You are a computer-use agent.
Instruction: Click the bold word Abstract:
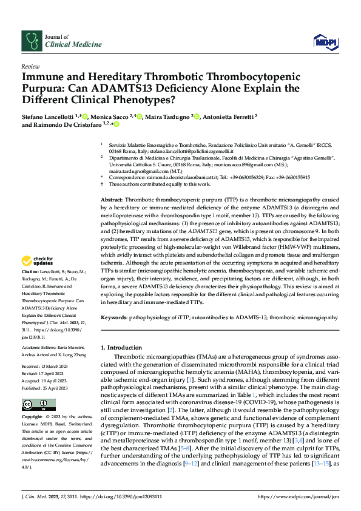112,183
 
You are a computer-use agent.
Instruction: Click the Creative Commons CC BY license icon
35,404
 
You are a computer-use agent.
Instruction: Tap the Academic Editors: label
40,348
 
